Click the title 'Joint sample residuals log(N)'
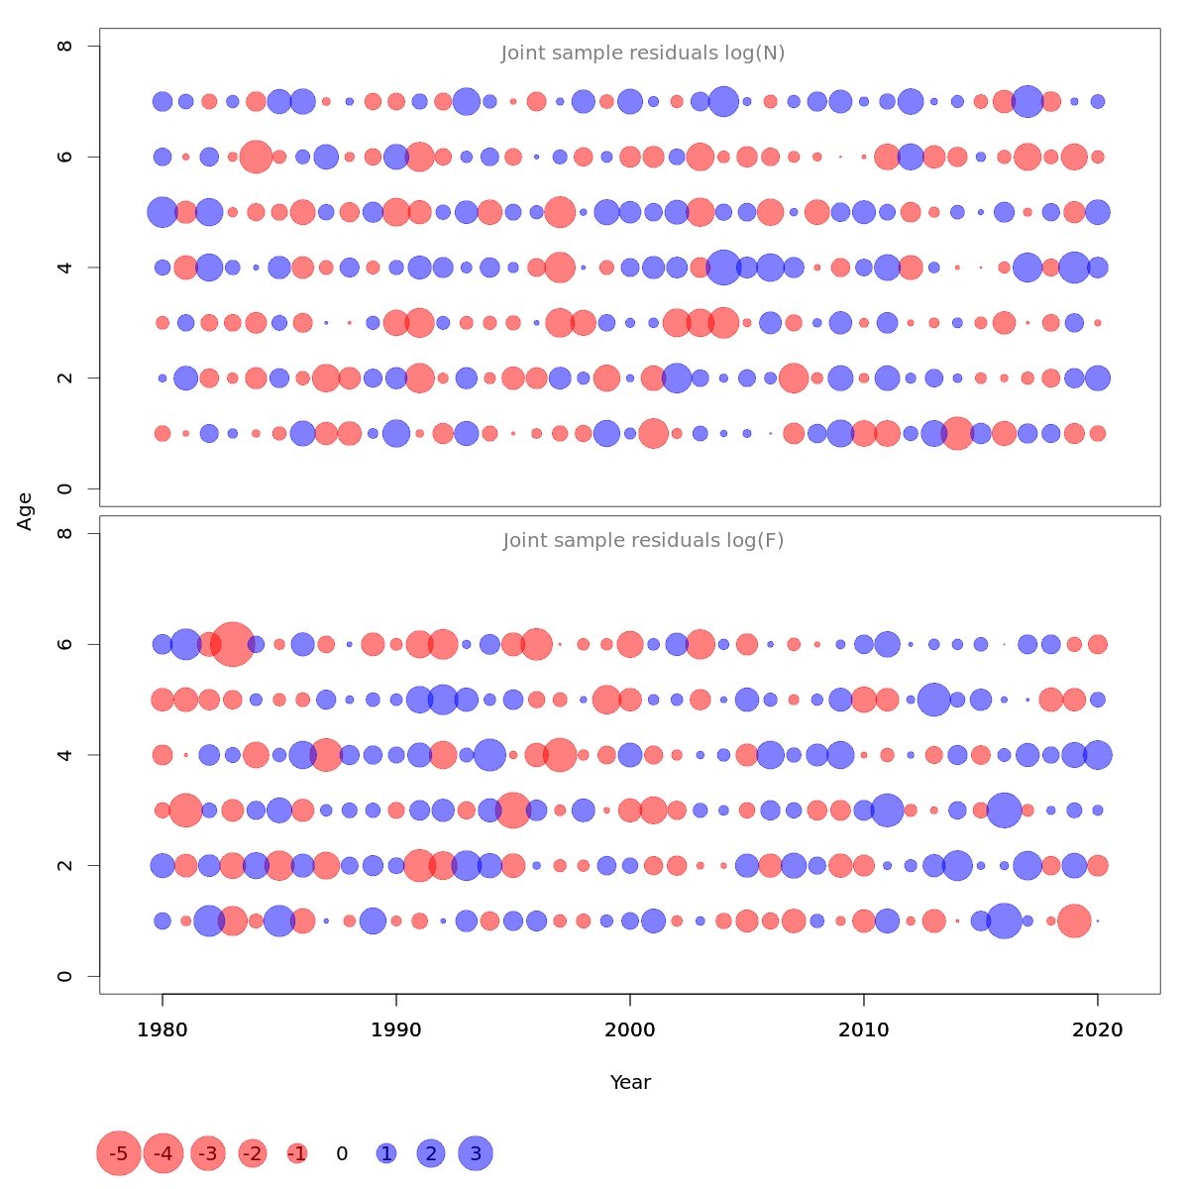[x=643, y=54]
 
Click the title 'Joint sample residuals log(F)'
[x=643, y=541]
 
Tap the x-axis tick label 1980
[x=162, y=1030]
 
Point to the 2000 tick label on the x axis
[x=630, y=1030]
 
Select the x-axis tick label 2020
[x=1098, y=1030]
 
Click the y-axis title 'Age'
[x=26, y=510]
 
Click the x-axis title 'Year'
[x=630, y=1082]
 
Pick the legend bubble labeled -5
[x=118, y=1153]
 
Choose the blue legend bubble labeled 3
[x=476, y=1153]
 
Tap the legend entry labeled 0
[x=342, y=1153]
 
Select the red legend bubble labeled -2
[x=253, y=1153]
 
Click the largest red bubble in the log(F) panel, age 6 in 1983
[x=233, y=644]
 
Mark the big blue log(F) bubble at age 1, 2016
[x=1004, y=920]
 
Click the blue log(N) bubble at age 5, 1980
[x=162, y=212]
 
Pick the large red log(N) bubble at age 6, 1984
[x=256, y=157]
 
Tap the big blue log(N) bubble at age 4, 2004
[x=723, y=268]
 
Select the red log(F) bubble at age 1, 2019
[x=1074, y=920]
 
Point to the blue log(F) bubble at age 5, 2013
[x=933, y=700]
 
